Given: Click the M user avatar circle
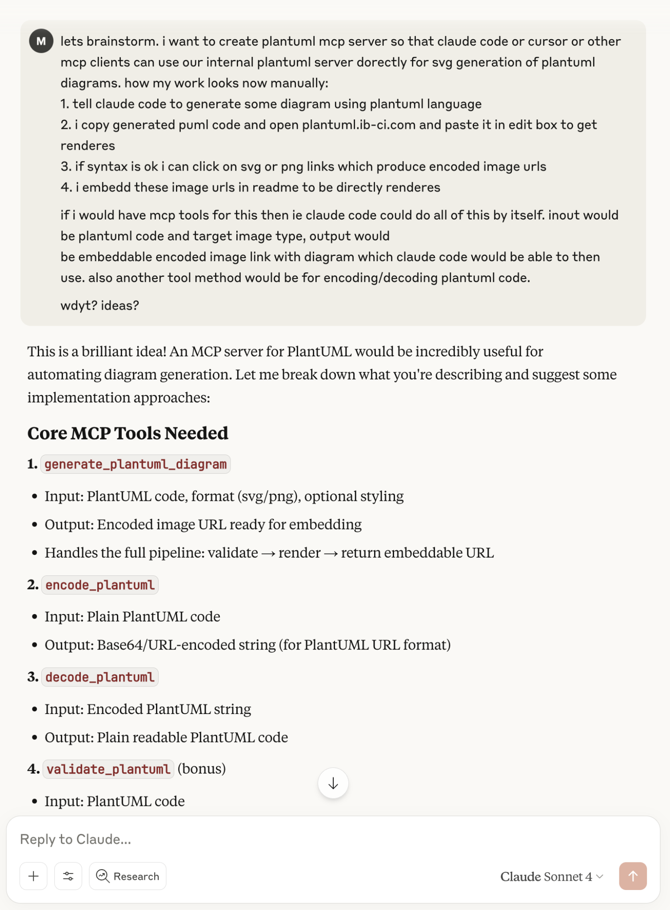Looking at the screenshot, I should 41,41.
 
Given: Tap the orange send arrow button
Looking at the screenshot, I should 633,876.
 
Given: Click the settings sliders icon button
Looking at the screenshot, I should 68,876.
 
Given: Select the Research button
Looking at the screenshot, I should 128,876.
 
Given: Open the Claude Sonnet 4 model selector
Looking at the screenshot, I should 551,877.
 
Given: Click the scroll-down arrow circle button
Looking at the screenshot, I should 333,783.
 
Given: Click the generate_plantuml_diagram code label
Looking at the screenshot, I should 136,464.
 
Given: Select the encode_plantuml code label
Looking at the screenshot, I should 100,585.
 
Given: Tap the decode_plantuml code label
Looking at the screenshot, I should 100,677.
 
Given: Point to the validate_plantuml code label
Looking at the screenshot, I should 108,769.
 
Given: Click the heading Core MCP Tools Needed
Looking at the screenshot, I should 128,433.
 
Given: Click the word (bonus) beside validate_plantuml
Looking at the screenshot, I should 202,769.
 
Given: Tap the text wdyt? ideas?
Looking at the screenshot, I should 100,306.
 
